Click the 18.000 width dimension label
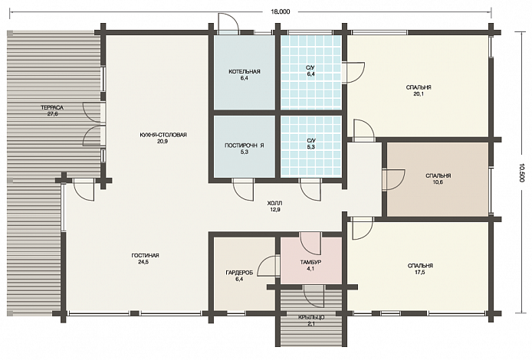click(x=281, y=11)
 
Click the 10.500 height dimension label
click(x=521, y=173)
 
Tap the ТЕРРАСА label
click(x=52, y=108)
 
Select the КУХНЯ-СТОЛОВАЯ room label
click(x=163, y=135)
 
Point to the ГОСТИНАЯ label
click(x=145, y=256)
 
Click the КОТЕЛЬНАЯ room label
click(x=245, y=71)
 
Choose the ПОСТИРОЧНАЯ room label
click(x=245, y=146)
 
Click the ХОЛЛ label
click(x=275, y=204)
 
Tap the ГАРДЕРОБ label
click(x=239, y=273)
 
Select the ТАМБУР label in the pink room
click(x=310, y=263)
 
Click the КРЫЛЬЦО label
click(x=311, y=318)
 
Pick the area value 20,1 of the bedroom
click(x=419, y=94)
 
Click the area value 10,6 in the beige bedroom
click(x=438, y=182)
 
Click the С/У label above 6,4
click(x=310, y=68)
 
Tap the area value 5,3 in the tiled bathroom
click(x=310, y=147)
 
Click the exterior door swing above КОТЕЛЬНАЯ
click(x=228, y=24)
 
